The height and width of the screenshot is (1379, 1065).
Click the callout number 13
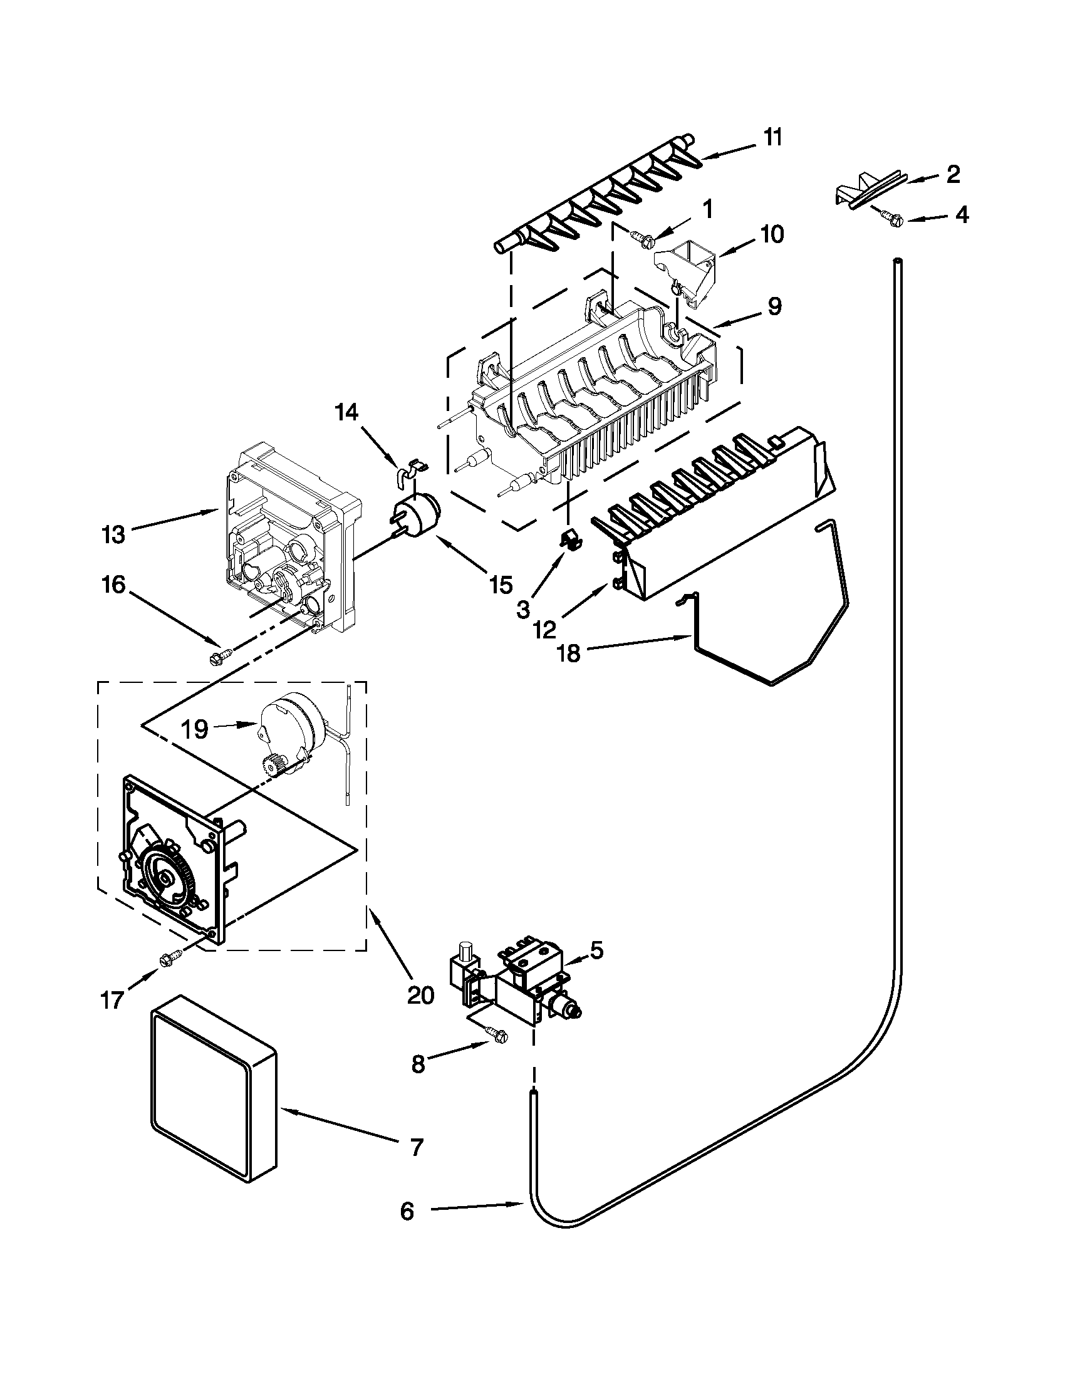point(113,534)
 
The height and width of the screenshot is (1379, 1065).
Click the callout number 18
point(569,653)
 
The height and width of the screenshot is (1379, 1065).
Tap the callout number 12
point(544,629)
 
